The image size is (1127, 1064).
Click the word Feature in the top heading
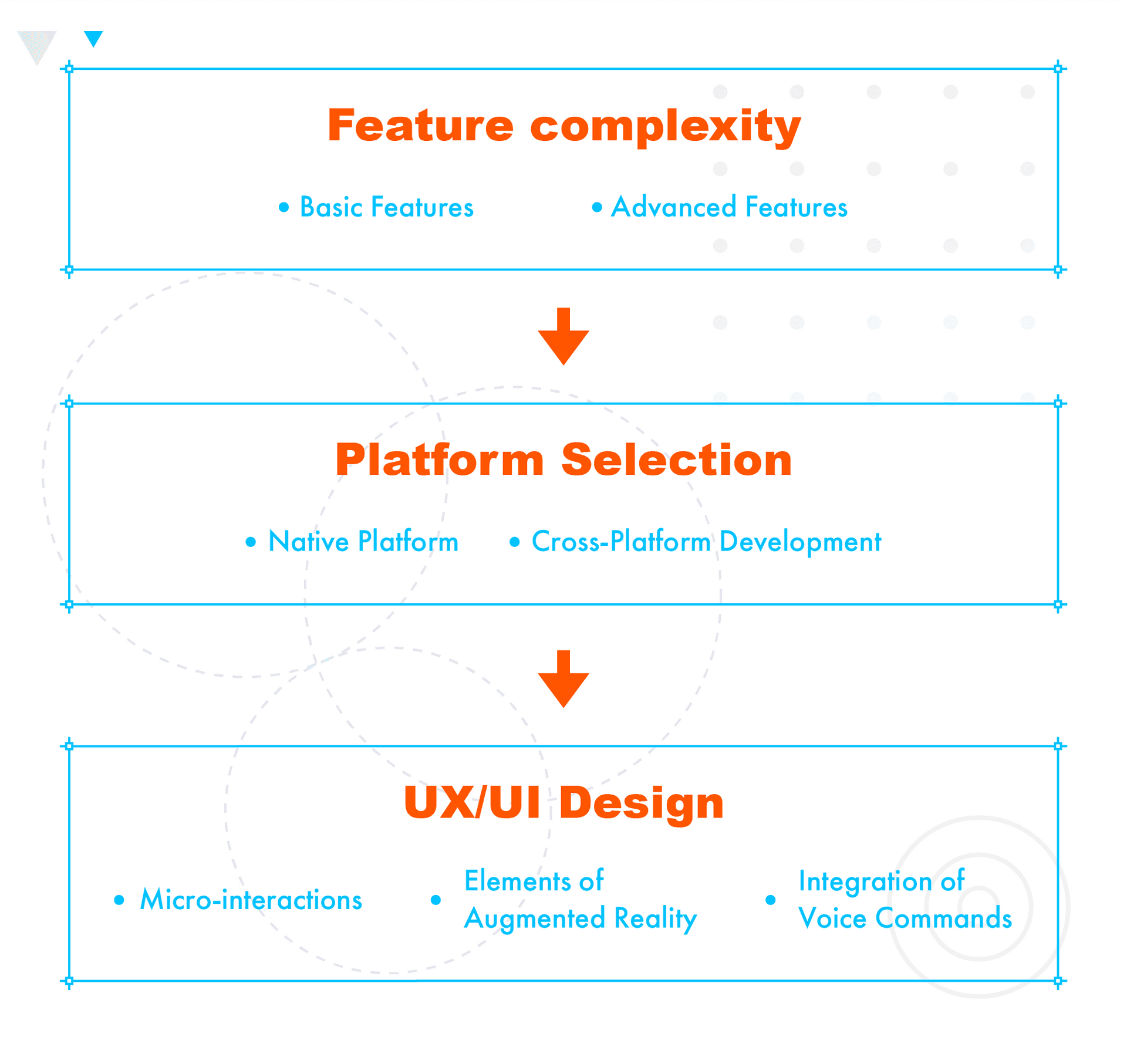[420, 126]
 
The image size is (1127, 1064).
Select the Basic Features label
[386, 207]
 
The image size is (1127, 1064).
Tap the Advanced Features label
[729, 207]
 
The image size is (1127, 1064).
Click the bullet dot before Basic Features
[284, 207]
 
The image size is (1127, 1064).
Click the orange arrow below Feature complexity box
[563, 337]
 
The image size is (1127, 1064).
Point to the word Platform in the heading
[440, 460]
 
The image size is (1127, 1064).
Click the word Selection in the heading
[676, 460]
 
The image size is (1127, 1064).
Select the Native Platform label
[363, 541]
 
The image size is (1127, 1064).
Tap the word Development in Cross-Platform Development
[800, 542]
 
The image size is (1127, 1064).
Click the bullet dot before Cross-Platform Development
[515, 542]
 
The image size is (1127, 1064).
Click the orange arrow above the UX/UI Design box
[563, 680]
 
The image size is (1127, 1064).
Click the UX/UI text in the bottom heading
[472, 802]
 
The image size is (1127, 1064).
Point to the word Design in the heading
[642, 803]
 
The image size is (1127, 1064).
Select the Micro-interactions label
[251, 900]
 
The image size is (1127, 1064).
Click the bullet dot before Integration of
[771, 900]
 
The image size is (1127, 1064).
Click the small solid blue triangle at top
[93, 38]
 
